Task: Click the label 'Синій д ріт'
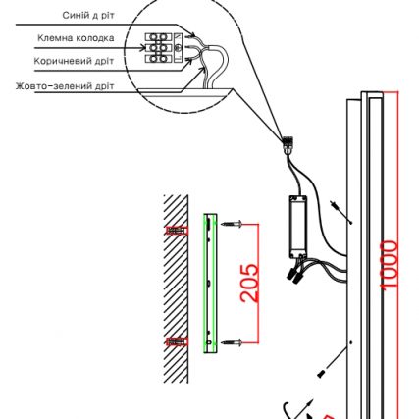(x=88, y=16)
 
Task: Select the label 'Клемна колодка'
(x=76, y=38)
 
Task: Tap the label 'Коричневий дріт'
(x=74, y=61)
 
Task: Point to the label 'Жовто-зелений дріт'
(x=65, y=86)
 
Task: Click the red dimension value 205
(x=249, y=283)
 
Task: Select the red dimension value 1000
(x=390, y=265)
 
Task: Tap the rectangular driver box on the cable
(x=298, y=227)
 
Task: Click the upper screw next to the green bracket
(x=232, y=224)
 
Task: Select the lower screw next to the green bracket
(x=232, y=342)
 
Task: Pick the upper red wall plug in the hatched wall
(x=177, y=231)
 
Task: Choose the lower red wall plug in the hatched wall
(x=177, y=342)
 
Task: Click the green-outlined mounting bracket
(x=210, y=284)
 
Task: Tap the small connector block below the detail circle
(x=288, y=144)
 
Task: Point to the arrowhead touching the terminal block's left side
(x=142, y=48)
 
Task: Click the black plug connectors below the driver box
(x=294, y=276)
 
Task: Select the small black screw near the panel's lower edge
(x=321, y=374)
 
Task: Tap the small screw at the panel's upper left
(x=334, y=204)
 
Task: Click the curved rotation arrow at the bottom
(x=287, y=410)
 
